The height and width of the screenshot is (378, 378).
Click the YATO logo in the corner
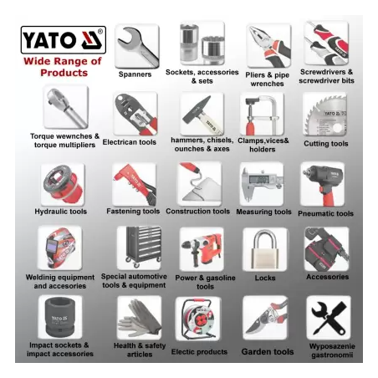64,40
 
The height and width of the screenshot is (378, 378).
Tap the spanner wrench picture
138,46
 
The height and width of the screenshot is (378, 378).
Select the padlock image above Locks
264,249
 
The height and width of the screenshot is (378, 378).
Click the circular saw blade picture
325,115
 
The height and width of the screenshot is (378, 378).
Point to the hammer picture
202,115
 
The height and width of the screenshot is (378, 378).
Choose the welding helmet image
60,248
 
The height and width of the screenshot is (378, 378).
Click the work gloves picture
140,318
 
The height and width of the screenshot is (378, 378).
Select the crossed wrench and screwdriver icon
329,318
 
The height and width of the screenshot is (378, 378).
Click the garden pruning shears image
265,318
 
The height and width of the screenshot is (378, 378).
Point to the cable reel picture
198,319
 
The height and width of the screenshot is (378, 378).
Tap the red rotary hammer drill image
202,249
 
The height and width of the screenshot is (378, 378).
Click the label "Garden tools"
268,352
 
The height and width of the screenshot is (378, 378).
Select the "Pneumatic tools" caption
325,213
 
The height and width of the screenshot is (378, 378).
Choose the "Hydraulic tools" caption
61,212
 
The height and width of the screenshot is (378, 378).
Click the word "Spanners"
135,74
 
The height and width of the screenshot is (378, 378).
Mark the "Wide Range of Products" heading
63,67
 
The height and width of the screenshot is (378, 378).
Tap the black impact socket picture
60,317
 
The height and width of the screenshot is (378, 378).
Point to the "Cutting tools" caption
326,144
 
